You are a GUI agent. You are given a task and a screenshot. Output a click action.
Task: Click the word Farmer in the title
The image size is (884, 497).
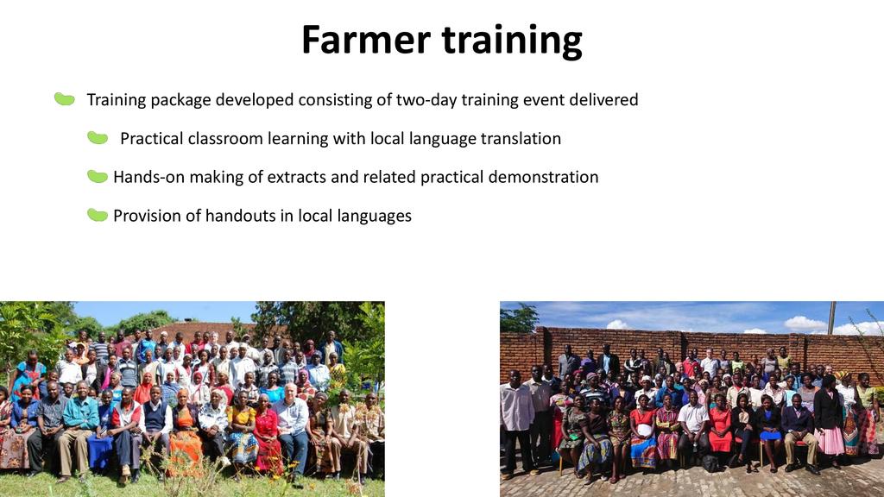coord(366,40)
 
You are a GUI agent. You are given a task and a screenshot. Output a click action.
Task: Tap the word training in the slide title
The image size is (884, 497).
coord(511,41)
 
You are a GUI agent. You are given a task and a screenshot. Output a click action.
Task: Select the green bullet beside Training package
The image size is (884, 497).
coord(64,99)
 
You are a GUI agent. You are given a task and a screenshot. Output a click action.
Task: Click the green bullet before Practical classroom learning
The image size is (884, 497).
coord(98,137)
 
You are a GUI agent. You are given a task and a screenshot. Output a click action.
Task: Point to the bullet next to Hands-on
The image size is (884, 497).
coord(98,176)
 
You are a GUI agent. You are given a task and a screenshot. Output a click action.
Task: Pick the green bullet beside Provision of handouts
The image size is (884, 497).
coord(98,215)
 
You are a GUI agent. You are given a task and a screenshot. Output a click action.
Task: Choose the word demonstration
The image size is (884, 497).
coord(543,177)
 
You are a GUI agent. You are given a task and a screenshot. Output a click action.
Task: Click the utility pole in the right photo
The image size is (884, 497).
coord(831,318)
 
